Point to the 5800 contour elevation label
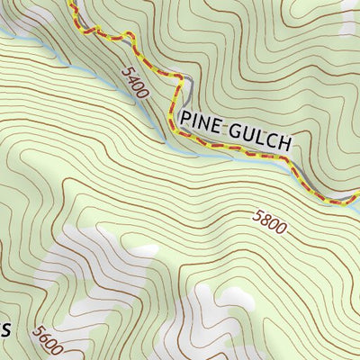(x=269, y=221)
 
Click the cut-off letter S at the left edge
(x=4, y=329)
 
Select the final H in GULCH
(x=287, y=142)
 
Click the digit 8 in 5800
(x=265, y=220)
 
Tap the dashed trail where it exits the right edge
(x=356, y=196)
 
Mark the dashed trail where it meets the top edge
(x=70, y=3)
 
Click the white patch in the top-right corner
(x=351, y=18)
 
